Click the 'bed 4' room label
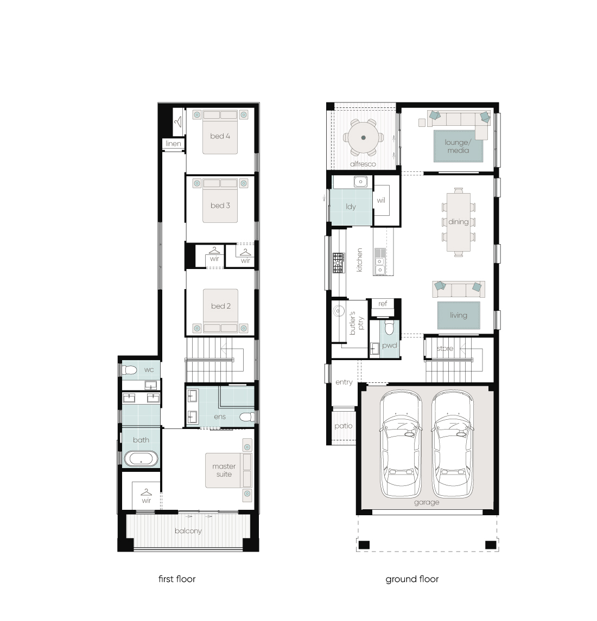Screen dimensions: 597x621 (220, 136)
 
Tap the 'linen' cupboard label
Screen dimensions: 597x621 (173, 143)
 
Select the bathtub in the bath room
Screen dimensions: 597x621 (141, 459)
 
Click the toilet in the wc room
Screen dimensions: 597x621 (129, 370)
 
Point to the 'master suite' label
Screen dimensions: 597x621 (224, 470)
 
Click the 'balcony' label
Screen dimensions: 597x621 (188, 531)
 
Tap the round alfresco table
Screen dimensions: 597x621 (364, 138)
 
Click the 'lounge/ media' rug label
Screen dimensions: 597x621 (458, 146)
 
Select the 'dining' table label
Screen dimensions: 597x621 (459, 222)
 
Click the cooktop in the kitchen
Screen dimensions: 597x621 (339, 263)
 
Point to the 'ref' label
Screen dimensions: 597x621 (383, 304)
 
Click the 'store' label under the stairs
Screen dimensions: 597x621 (445, 349)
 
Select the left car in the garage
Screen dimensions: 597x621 (401, 444)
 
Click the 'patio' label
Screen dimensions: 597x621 (344, 426)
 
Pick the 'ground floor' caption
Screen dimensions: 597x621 (412, 579)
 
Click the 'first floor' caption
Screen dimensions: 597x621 (177, 579)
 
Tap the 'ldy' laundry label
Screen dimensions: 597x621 (351, 207)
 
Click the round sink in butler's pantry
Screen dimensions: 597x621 (338, 311)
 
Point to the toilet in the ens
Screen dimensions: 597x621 (247, 417)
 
